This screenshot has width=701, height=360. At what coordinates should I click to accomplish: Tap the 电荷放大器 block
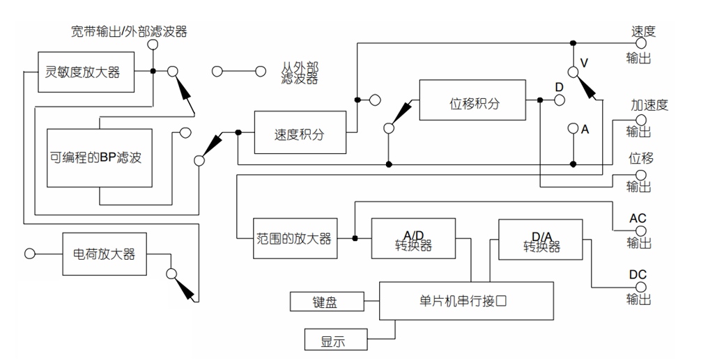pos(108,253)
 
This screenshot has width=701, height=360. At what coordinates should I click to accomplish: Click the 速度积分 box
pos(299,133)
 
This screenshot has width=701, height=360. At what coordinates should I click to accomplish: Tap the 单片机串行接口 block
pos(465,300)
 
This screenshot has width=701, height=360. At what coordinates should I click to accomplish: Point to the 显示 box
pos(334,341)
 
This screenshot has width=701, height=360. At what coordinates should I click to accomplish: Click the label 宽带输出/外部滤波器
pos(130,31)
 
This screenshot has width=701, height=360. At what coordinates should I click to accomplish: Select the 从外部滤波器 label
pos(300,72)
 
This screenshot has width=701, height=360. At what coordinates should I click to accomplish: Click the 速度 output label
pos(642,32)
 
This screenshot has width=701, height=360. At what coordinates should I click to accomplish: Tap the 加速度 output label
pos(649,105)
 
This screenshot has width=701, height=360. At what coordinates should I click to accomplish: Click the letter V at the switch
pos(585,63)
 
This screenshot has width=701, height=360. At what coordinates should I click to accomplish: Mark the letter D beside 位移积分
pos(558,86)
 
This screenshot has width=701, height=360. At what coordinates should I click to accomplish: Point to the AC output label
pos(638,218)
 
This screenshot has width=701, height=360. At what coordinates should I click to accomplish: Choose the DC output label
pos(638,274)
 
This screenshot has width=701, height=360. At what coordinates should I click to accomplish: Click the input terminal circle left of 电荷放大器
pos(29,253)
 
